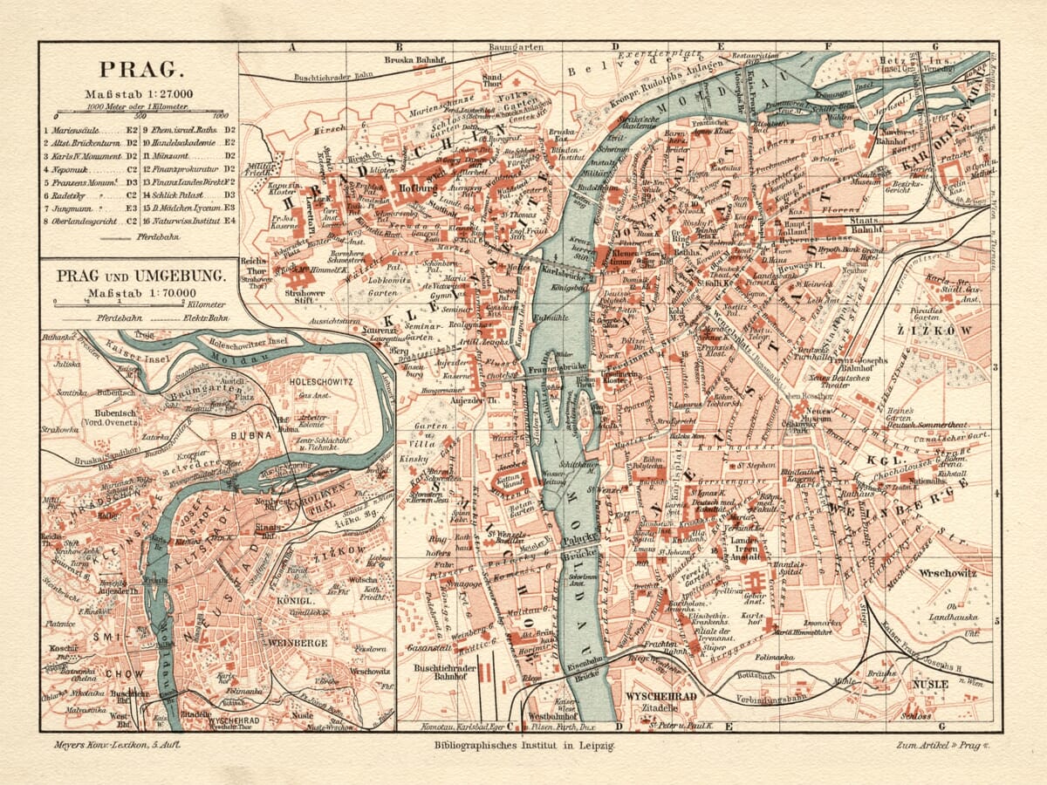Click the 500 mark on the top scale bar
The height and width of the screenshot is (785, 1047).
140,114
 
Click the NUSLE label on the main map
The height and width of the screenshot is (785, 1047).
929,685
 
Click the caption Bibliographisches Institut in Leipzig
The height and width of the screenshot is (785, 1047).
523,746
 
